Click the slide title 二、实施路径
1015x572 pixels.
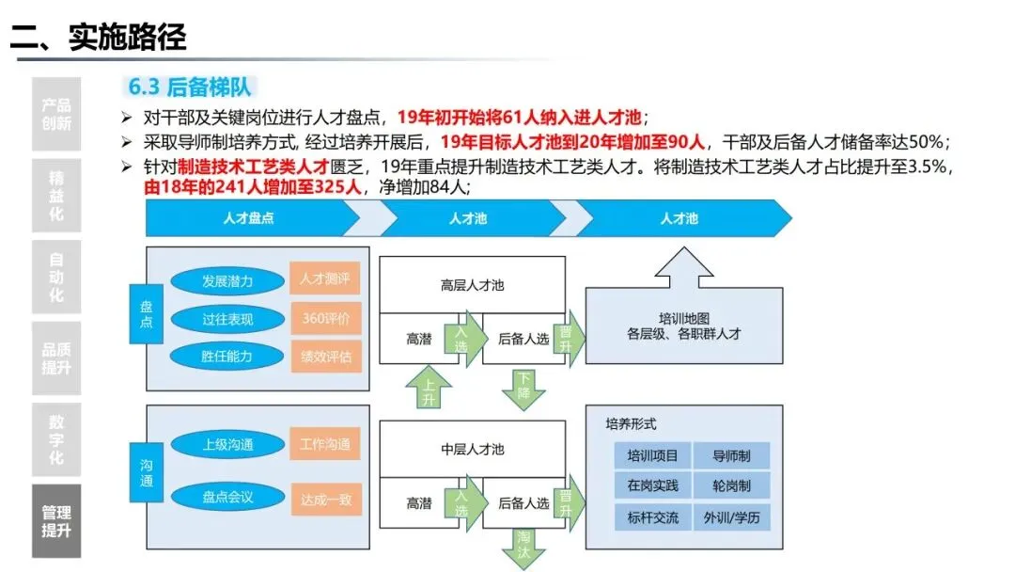coord(99,37)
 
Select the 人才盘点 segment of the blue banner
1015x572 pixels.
coord(248,218)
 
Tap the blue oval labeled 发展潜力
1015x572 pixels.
coord(227,280)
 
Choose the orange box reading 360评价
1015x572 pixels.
coord(325,319)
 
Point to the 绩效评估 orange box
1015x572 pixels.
coord(325,357)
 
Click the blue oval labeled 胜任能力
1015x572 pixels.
coord(227,357)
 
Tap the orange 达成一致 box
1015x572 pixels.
coord(325,500)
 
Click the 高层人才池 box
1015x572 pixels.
coord(472,284)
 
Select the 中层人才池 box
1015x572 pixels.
coord(472,449)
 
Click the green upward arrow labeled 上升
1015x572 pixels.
coord(428,389)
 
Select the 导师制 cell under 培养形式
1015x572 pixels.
coord(733,456)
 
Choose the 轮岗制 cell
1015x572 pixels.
coord(733,486)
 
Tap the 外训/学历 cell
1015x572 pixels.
coord(733,517)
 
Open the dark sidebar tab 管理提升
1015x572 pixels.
coord(56,521)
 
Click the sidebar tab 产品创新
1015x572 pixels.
coord(56,114)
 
